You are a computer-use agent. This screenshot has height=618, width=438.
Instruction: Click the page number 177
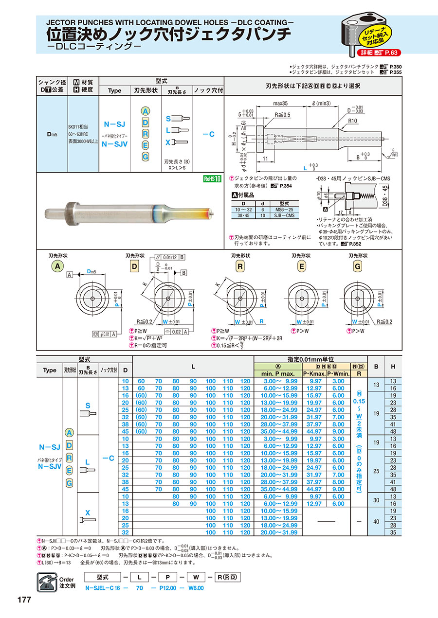(x=24, y=600)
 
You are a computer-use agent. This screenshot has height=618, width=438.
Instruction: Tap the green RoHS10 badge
(x=212, y=178)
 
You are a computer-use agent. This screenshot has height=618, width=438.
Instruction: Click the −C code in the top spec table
(x=208, y=134)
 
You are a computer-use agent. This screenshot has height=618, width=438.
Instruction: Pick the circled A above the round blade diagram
(x=58, y=266)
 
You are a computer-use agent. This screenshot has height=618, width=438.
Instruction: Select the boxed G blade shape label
(x=358, y=266)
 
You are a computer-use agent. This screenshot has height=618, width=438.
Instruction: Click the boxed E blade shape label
(x=302, y=266)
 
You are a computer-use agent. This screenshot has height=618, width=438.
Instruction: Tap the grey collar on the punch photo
(x=72, y=214)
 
